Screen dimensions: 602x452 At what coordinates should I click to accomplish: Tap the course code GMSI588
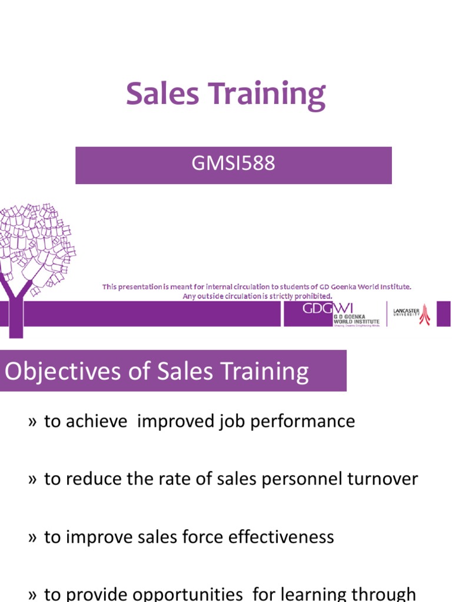point(233,163)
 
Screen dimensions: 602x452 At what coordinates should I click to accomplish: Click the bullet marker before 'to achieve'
point(32,422)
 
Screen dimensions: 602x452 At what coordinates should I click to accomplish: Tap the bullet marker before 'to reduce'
point(32,480)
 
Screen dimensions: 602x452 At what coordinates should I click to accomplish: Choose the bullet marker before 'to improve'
point(32,537)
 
